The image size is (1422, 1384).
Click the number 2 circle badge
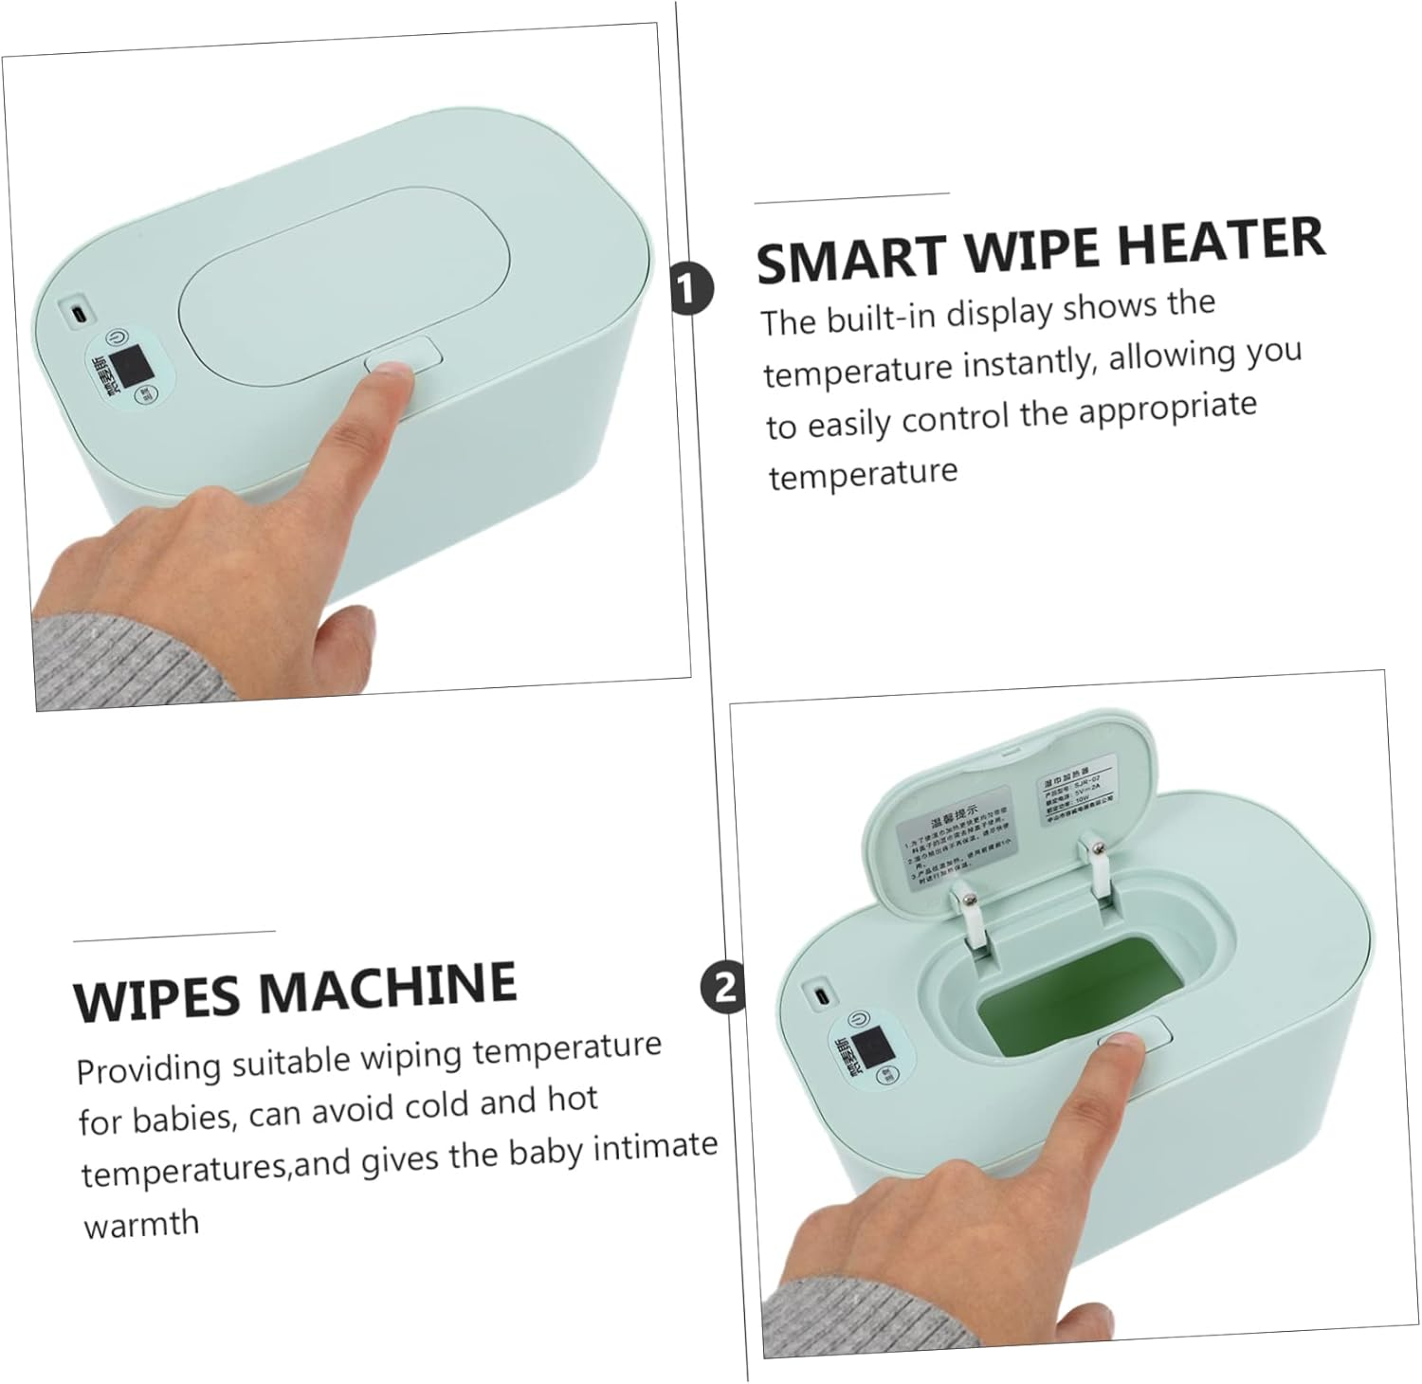(x=722, y=989)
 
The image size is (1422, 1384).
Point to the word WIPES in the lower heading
(x=156, y=996)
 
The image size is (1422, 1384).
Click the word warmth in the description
(x=142, y=1224)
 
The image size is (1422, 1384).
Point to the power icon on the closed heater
(x=116, y=337)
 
